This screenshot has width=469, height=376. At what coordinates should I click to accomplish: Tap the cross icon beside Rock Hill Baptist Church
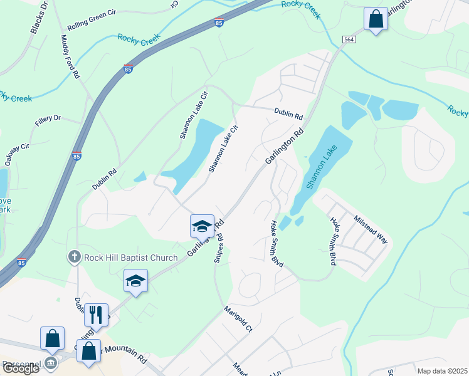[74, 256]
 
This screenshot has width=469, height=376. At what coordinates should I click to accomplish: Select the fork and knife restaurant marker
[96, 315]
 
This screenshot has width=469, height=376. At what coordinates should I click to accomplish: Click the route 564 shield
[349, 39]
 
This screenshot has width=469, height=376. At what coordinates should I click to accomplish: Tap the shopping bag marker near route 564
[376, 19]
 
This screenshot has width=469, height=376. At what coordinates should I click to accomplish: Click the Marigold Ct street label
[238, 319]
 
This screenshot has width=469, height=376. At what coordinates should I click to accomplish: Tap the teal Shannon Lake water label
[322, 167]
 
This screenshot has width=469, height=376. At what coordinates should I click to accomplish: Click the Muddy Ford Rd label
[70, 56]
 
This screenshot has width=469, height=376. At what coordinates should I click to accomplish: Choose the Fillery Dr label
[48, 118]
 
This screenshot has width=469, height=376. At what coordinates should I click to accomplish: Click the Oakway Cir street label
[17, 154]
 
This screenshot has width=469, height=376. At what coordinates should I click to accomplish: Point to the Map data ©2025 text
[442, 371]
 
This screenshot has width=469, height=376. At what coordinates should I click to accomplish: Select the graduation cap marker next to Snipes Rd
[202, 226]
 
